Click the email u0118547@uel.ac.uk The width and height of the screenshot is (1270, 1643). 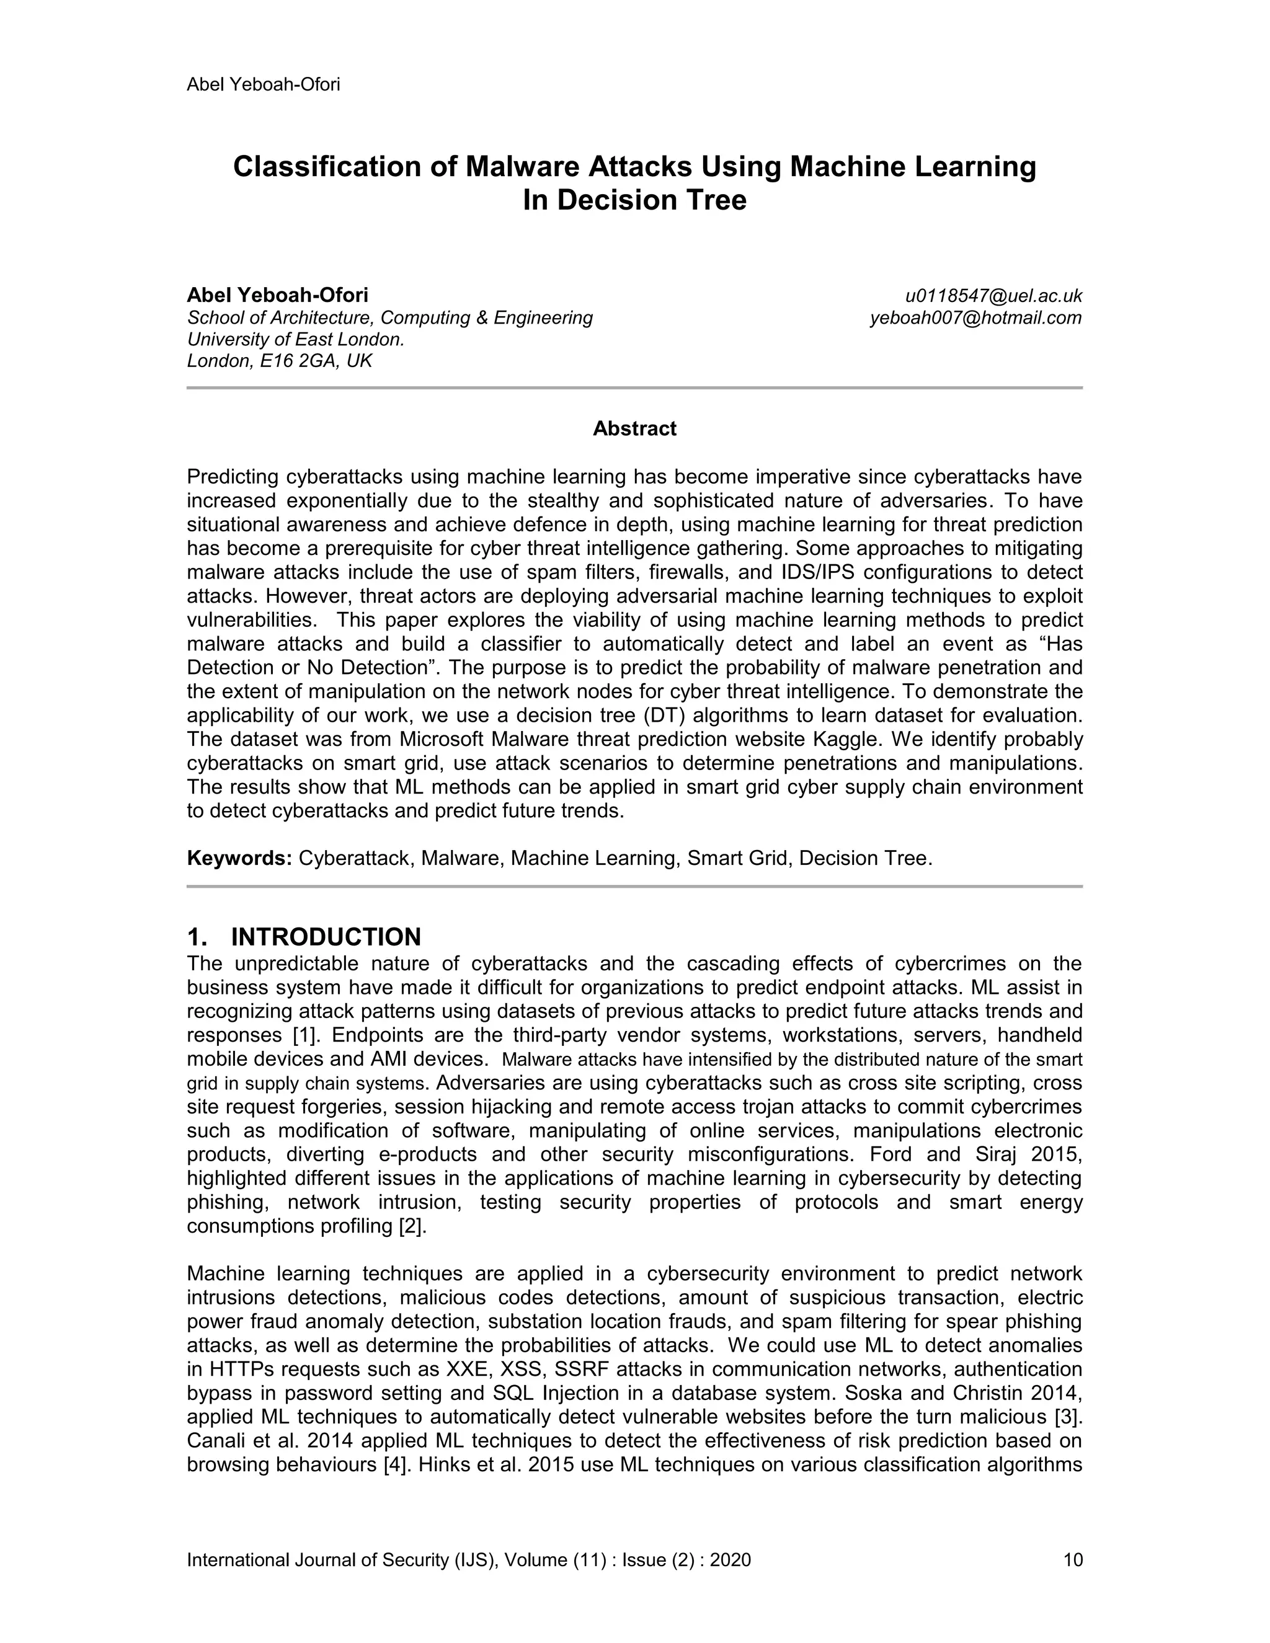tap(993, 296)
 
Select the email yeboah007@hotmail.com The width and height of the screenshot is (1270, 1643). tap(976, 317)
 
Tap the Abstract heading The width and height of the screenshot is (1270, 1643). tap(634, 429)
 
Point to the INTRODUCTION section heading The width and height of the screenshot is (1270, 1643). tap(325, 937)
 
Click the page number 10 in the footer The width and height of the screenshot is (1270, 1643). tap(1073, 1559)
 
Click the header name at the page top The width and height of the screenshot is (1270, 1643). tap(264, 84)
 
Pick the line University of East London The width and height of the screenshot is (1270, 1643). tap(296, 339)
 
